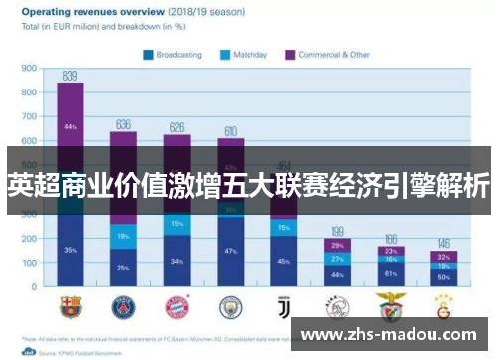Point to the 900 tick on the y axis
click(29, 69)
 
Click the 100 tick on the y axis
click(29, 265)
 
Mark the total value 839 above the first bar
click(70, 76)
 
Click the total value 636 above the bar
click(123, 124)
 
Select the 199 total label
click(338, 231)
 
